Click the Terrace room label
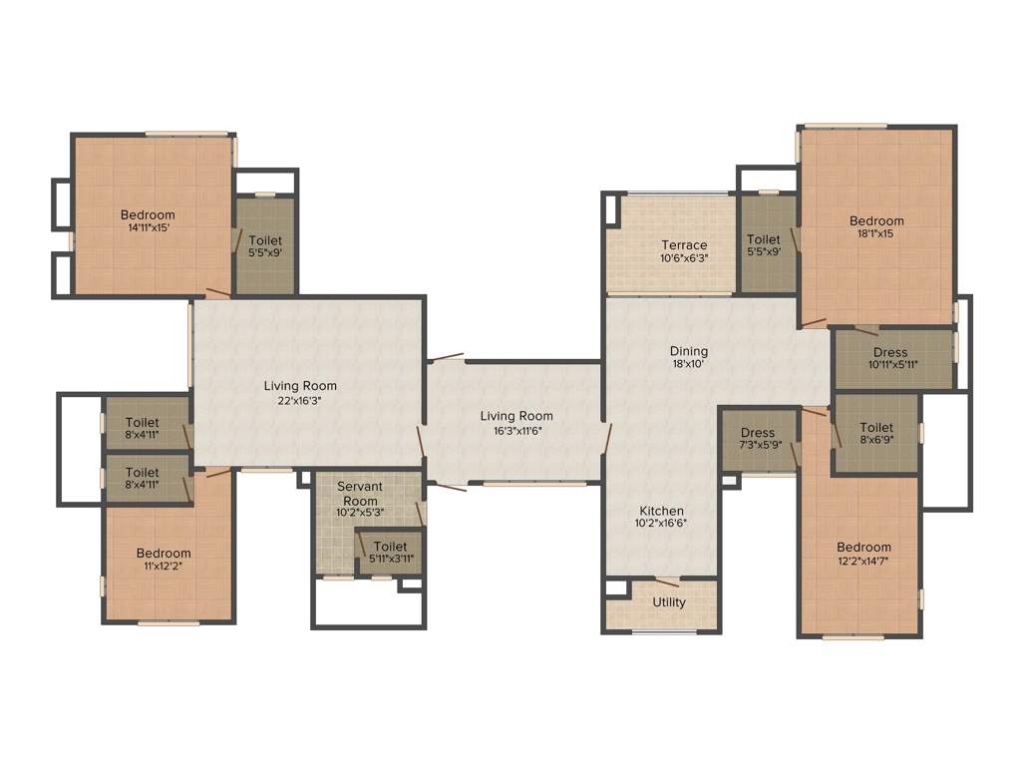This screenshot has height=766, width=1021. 684,245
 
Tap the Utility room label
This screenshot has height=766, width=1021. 669,602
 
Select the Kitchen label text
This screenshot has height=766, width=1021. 662,511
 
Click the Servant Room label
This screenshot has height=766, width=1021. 360,494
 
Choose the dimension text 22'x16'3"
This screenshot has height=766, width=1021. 300,400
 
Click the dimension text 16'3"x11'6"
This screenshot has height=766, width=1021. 515,431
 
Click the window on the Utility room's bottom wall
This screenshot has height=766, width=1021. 664,631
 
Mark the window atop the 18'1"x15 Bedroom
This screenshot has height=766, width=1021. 846,127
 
